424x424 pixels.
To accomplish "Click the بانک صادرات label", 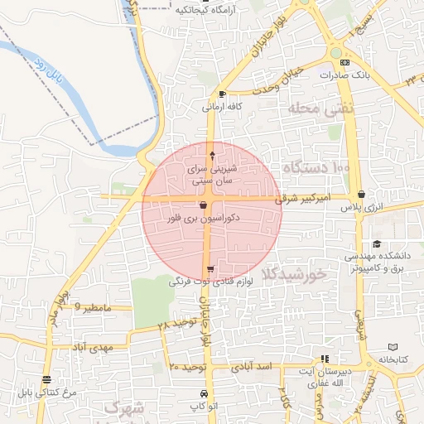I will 341,75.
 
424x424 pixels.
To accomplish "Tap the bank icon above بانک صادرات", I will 344,62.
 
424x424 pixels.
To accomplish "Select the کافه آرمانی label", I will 223,107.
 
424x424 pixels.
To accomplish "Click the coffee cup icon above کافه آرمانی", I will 222,94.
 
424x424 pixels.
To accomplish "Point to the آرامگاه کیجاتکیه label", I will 206,10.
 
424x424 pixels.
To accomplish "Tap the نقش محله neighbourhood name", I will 320,108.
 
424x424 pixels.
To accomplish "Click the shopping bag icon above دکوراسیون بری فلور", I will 204,205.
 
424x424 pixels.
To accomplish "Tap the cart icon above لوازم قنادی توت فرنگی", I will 210,268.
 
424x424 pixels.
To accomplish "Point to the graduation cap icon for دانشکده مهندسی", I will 377,243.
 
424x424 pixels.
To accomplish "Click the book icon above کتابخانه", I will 393,346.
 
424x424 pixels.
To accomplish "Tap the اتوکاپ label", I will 204,406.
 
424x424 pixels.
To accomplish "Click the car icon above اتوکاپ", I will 204,393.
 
